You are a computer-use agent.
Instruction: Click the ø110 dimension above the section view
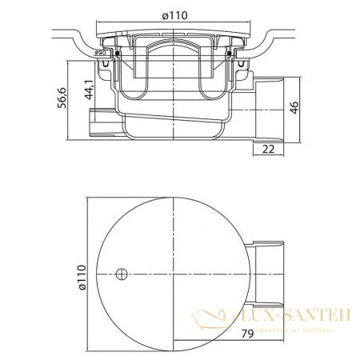(175, 15)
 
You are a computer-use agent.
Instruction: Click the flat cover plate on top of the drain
(174, 35)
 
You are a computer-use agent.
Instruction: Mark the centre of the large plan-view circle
(174, 276)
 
